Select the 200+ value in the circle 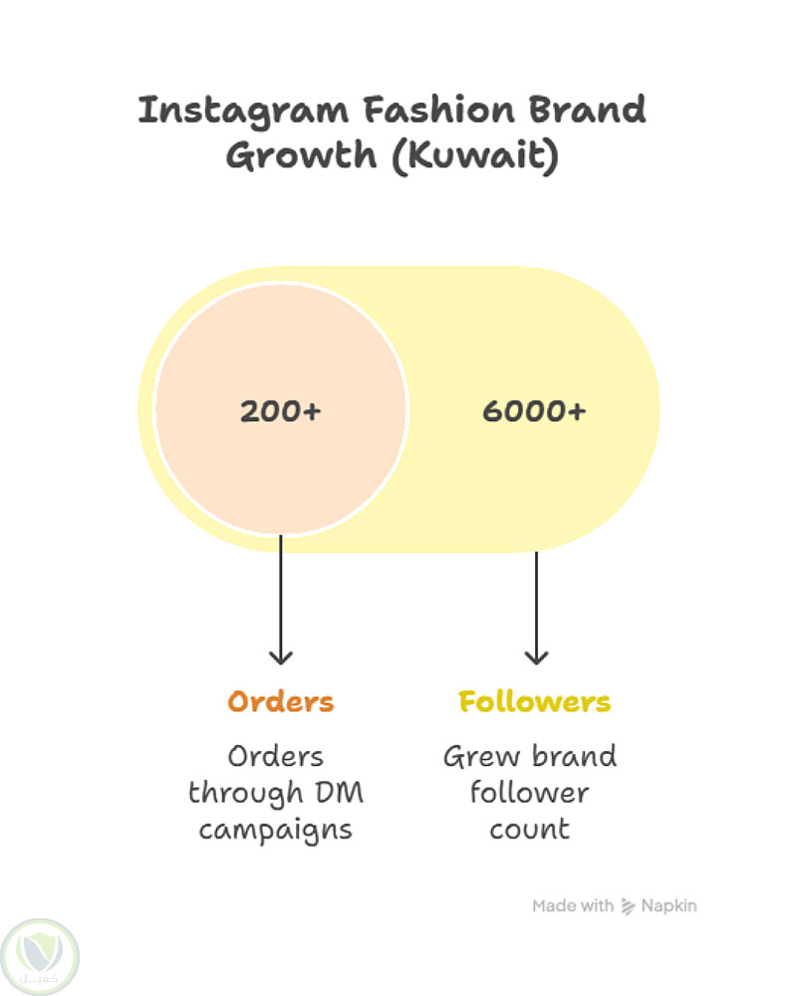(x=281, y=410)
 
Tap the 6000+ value (x=534, y=410)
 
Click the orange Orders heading (x=281, y=701)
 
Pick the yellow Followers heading (x=534, y=701)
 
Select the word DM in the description (x=340, y=793)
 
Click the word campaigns (x=276, y=829)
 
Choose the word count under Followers (x=530, y=829)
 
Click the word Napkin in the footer (x=669, y=905)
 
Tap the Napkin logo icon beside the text (x=629, y=905)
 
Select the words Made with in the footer (x=573, y=905)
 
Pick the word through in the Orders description (x=246, y=793)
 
